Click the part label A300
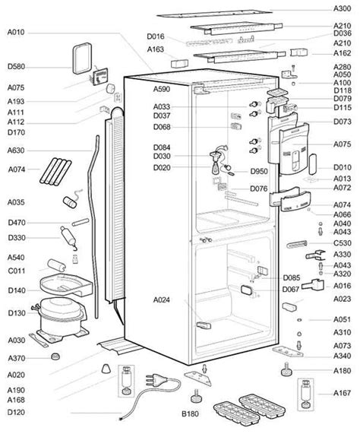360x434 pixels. (342, 8)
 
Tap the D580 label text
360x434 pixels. (16, 67)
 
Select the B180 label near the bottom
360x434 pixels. (190, 413)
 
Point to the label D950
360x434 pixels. (259, 171)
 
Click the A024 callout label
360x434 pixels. (162, 299)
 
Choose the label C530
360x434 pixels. (342, 243)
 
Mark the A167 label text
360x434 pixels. (342, 393)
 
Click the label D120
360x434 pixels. (16, 412)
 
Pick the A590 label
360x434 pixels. (162, 89)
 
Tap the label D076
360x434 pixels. (259, 188)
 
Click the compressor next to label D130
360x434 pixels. (62, 317)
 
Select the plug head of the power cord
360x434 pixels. (155, 379)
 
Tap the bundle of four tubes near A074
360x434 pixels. (55, 172)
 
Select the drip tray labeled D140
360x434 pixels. (66, 284)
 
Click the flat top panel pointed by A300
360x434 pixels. (214, 14)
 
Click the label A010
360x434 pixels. (16, 33)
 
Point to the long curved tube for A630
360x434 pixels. (93, 227)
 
